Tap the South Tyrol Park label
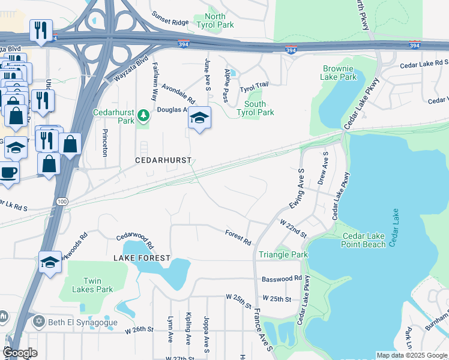255,108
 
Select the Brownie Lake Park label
339,73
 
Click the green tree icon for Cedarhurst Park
143,114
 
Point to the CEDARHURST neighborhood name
163,161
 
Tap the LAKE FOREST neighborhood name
139,257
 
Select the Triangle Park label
283,255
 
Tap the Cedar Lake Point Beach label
364,240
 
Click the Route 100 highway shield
61,201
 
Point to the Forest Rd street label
238,237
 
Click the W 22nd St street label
293,227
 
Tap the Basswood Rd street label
282,279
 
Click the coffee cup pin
7,172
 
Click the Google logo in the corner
19,353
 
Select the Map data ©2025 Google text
411,355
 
